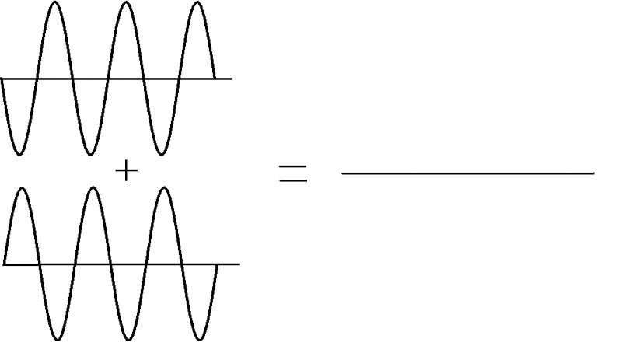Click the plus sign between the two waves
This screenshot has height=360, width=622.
125,170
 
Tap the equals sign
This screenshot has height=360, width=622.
293,173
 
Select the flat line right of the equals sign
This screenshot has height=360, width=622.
466,173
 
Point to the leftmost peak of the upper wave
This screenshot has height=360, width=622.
54,3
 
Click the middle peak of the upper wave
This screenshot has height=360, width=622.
126,3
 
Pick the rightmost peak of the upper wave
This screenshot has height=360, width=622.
197,3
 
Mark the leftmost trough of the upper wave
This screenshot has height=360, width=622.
19,153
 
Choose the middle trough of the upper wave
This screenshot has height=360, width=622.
90,153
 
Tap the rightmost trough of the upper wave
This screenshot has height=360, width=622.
161,153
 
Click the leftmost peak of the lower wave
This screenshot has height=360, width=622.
22,189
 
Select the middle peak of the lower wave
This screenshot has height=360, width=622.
93,189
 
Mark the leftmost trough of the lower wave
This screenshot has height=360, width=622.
58,339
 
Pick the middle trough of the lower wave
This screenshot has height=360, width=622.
128,339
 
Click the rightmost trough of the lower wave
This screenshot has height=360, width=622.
199,339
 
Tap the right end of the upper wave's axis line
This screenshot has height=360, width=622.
232,79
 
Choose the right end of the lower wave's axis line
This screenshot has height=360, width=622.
238,264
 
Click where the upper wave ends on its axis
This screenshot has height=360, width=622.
215,79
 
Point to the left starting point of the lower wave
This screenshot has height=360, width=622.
5,264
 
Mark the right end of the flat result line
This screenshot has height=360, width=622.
594,173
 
